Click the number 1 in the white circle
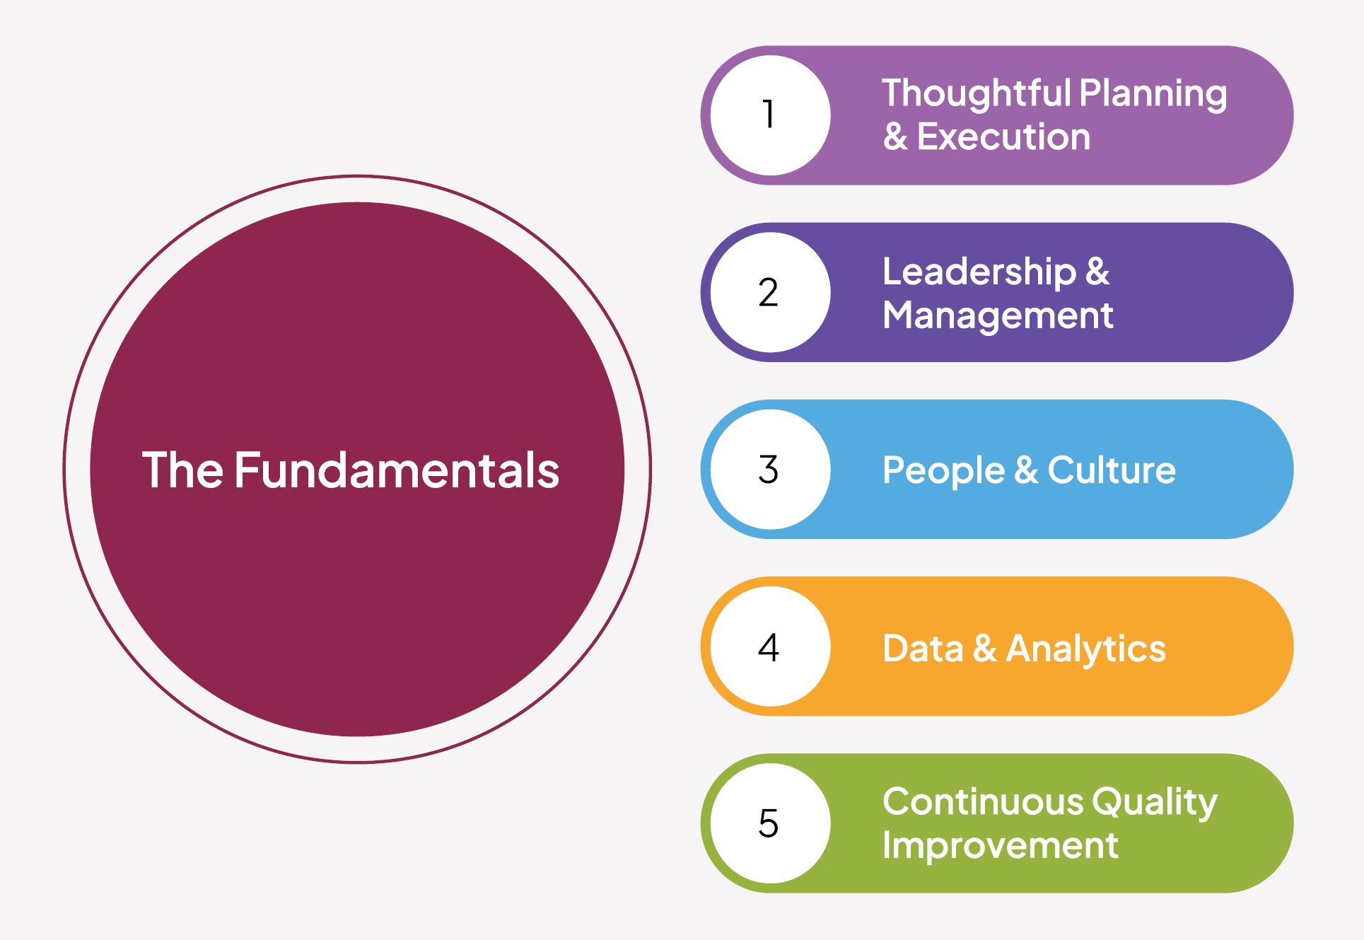point(769,115)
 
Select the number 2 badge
point(770,292)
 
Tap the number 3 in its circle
point(769,469)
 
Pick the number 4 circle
point(770,646)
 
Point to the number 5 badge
point(770,823)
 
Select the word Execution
point(1003,137)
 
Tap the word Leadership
point(979,272)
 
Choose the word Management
point(998,315)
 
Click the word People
point(943,471)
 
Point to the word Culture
point(1112,470)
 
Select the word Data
point(923,648)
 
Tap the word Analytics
point(1085,649)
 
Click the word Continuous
point(983,802)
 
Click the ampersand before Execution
point(895,137)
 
